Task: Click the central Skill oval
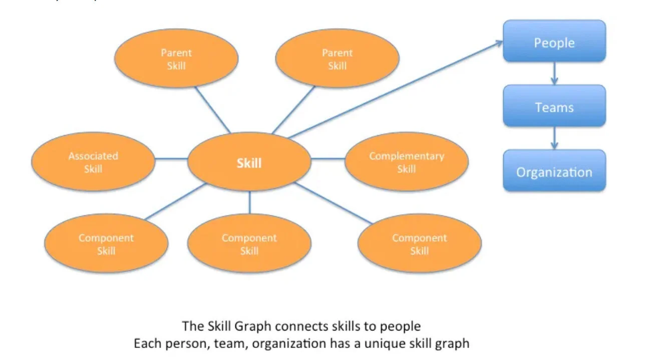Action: tap(249, 162)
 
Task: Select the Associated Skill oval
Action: tap(93, 162)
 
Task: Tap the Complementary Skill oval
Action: tap(406, 162)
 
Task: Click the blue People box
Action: tap(554, 43)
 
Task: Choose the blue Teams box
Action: tap(554, 107)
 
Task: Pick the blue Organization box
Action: tap(554, 172)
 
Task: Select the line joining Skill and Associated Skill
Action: tap(171, 160)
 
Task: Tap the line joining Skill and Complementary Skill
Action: tap(328, 159)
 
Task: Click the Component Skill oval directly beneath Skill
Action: tap(249, 244)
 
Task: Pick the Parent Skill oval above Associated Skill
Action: tap(176, 59)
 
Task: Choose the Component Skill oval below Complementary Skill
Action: tap(420, 244)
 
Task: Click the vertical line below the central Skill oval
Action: tap(249, 202)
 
